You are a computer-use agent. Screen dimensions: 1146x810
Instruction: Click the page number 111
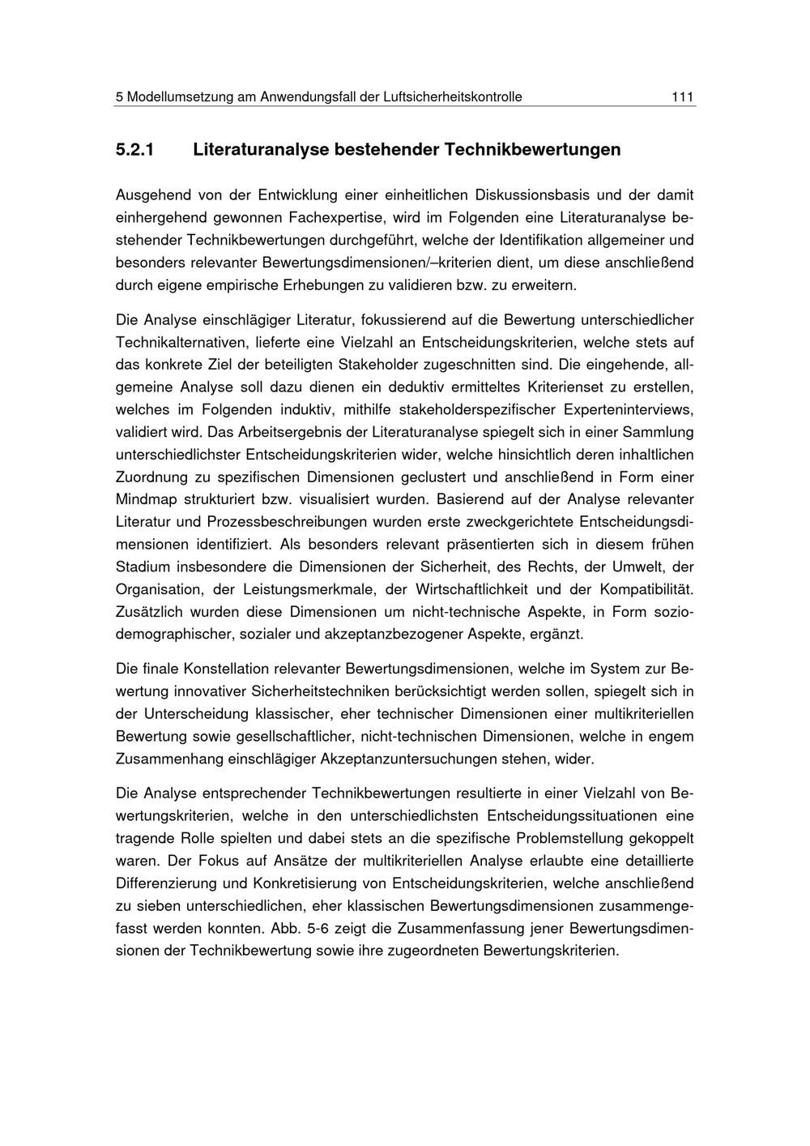coord(682,97)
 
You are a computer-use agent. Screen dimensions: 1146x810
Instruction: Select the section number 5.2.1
coord(134,150)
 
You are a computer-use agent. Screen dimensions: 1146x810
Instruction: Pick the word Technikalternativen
coord(186,343)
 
